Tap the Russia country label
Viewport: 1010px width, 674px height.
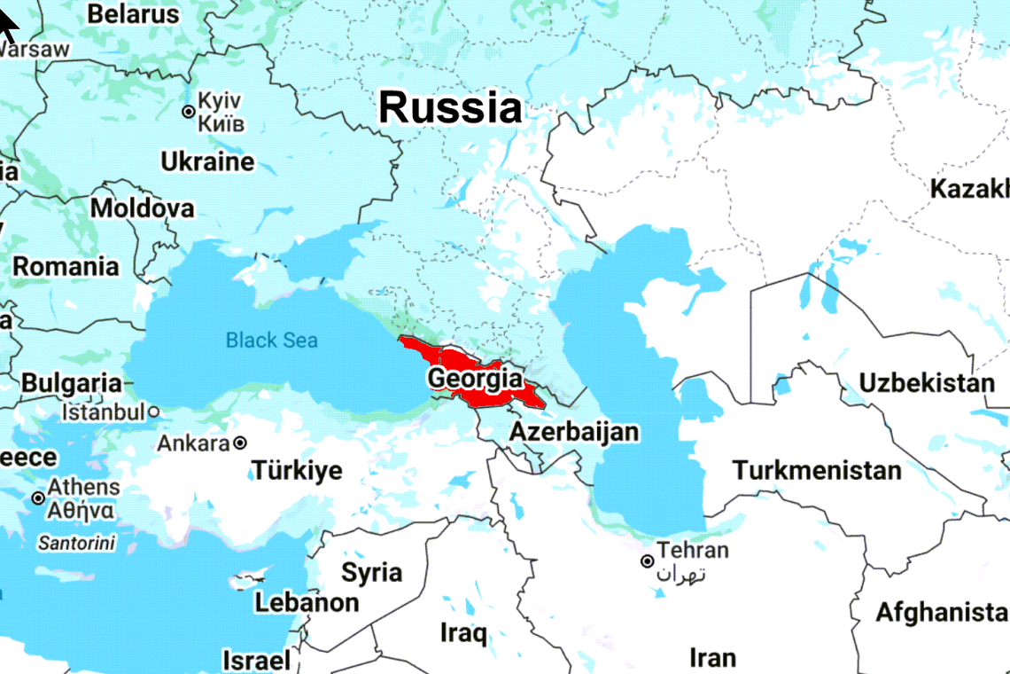[x=450, y=108]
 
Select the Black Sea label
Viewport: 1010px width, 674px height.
[x=271, y=340]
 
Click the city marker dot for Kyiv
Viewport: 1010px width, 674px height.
[x=188, y=112]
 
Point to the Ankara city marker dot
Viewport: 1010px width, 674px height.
[x=240, y=443]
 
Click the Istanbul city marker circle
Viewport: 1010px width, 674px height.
[x=154, y=412]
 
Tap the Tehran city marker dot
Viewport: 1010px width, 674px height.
[x=648, y=561]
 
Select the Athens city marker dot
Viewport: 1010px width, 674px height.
[x=38, y=498]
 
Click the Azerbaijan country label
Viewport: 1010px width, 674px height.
[x=574, y=432]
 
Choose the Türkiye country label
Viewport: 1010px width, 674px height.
[x=297, y=470]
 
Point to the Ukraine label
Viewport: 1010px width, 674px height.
[x=207, y=161]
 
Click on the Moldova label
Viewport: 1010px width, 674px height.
[x=143, y=209]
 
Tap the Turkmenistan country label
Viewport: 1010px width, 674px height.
[x=817, y=470]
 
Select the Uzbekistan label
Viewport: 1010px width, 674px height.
[x=927, y=383]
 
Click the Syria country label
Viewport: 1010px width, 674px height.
[x=372, y=573]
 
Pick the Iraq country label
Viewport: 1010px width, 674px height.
[x=463, y=633]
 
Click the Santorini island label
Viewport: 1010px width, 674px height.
[x=76, y=544]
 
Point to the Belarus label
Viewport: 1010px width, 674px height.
[x=133, y=14]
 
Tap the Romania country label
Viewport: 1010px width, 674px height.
[x=66, y=266]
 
